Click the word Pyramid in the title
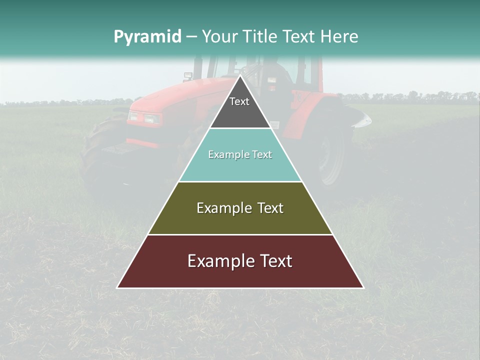(x=147, y=37)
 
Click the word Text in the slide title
(x=299, y=36)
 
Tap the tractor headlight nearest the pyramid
(x=152, y=119)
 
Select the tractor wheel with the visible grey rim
(x=330, y=155)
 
